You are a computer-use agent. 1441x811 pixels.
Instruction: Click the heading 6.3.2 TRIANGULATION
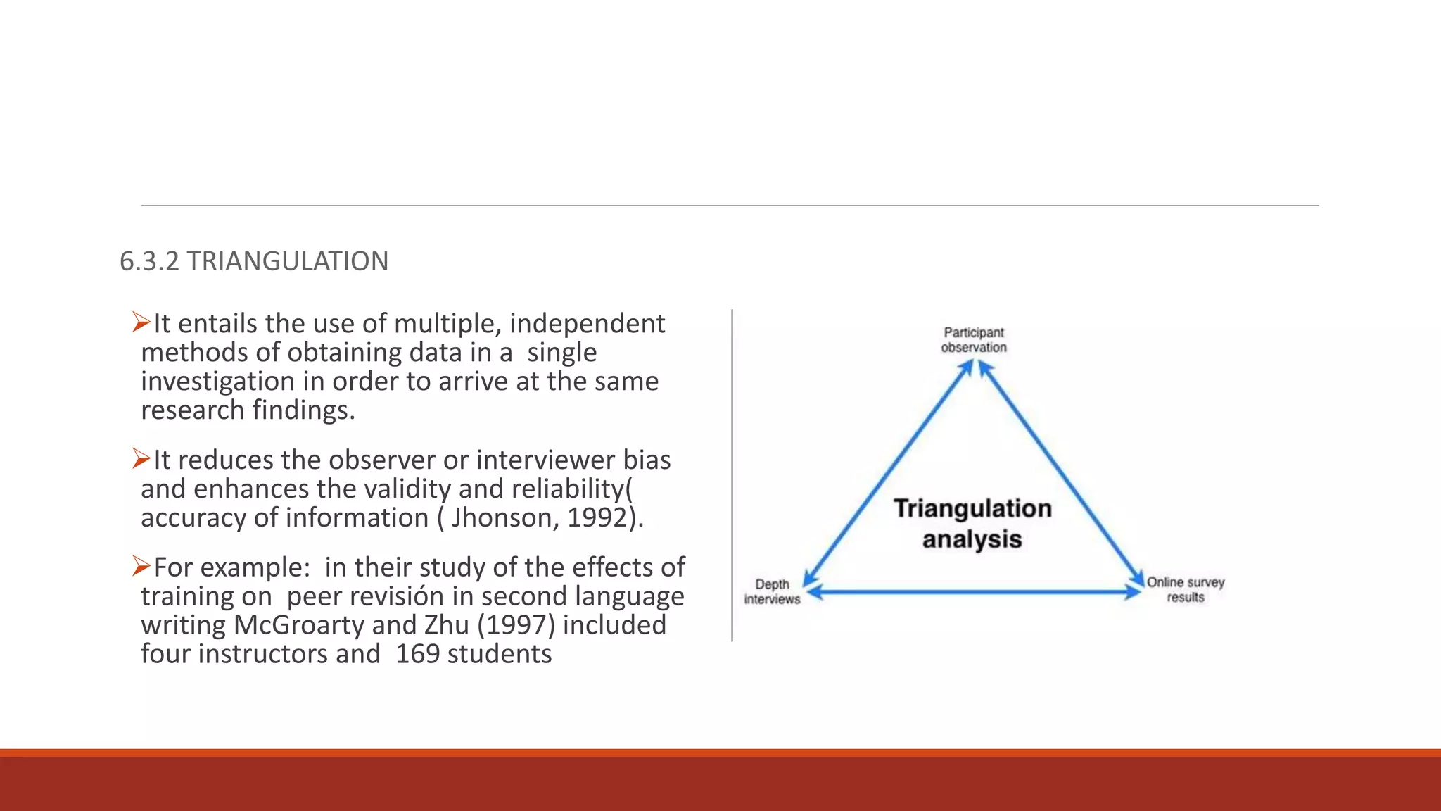[x=254, y=261]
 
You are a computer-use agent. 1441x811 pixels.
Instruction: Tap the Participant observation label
[x=974, y=339]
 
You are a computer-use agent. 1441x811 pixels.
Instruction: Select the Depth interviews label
[x=772, y=591]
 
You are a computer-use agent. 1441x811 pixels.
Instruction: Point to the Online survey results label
[x=1186, y=589]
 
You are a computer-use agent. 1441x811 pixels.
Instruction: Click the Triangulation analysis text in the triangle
[x=972, y=523]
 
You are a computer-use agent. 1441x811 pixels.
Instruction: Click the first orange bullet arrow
[x=141, y=323]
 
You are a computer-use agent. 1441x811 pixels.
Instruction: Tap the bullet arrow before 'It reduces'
[x=141, y=460]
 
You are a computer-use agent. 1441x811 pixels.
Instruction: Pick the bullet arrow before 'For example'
[x=141, y=566]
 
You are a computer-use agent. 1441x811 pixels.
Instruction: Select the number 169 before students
[x=417, y=654]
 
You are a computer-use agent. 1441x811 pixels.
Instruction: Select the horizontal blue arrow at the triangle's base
[x=974, y=593]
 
